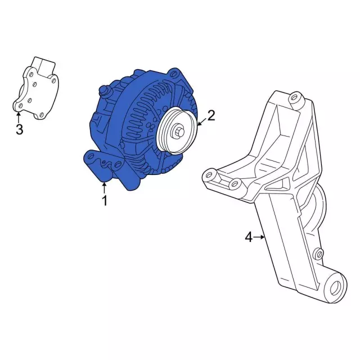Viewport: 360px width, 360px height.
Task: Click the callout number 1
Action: point(105,200)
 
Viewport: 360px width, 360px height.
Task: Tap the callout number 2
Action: point(211,115)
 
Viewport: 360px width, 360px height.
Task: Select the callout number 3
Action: point(20,129)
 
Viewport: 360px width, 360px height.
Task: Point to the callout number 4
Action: point(249,237)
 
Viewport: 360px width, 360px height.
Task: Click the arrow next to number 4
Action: point(259,237)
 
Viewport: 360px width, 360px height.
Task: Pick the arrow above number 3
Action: point(19,118)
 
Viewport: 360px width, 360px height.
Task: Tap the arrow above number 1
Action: point(105,187)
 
